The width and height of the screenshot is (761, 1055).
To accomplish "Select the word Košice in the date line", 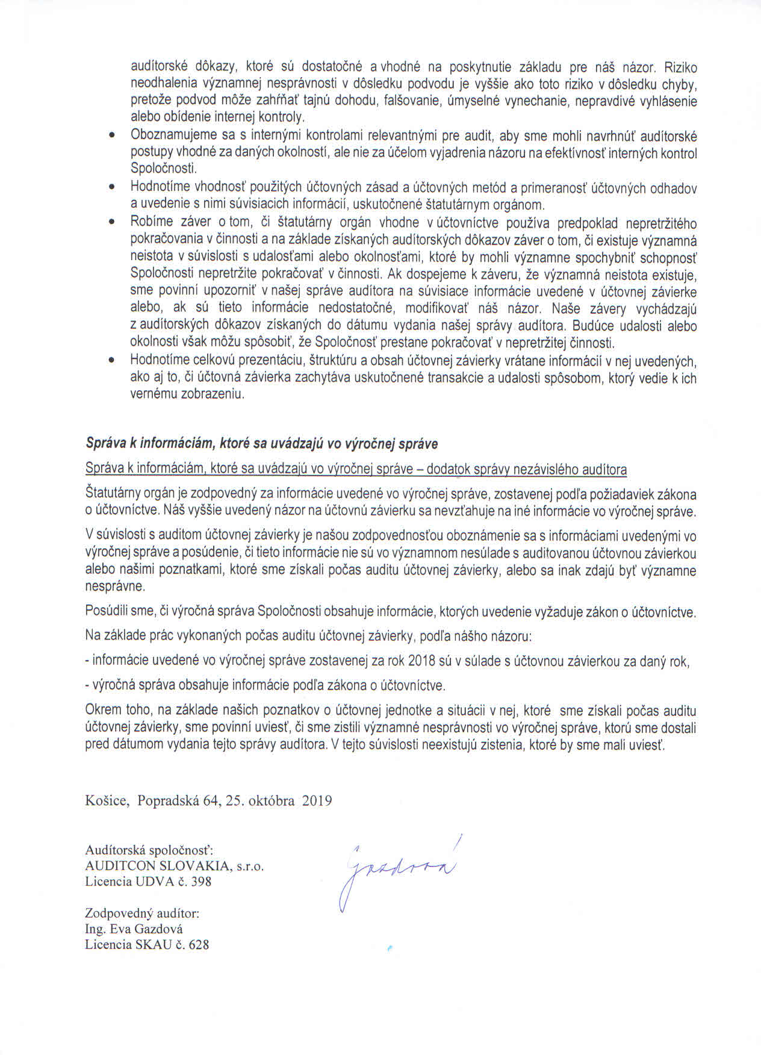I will [107, 801].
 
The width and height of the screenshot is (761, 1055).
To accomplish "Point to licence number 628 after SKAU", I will [199, 944].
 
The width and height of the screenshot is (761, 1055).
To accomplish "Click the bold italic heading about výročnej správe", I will [261, 444].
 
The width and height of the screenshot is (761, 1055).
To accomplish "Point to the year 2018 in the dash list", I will [421, 661].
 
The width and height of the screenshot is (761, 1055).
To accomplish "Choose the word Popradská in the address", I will [169, 801].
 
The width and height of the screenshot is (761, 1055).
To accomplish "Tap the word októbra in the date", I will [270, 801].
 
